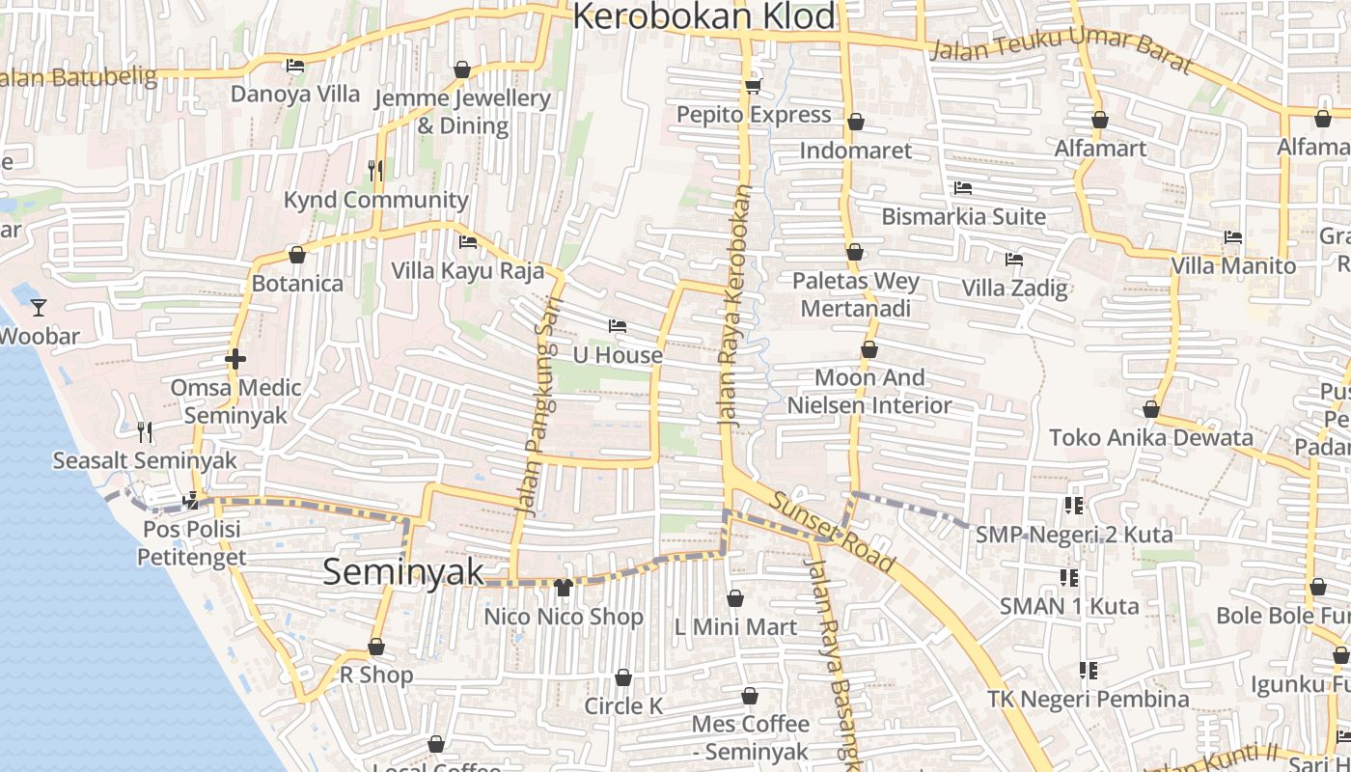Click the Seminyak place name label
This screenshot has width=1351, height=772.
point(403,571)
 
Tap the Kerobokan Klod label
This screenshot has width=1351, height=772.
point(705,17)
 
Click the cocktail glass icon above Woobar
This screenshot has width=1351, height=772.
point(39,308)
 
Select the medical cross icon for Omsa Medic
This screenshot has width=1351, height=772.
point(234,359)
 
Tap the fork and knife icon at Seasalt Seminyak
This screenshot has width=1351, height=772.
point(145,431)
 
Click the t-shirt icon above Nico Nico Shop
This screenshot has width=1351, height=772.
point(564,587)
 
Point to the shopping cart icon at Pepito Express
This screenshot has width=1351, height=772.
point(753,87)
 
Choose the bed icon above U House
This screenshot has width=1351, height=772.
point(618,326)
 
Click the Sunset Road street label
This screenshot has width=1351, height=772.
point(834,532)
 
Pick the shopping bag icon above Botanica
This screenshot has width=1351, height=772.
point(297,256)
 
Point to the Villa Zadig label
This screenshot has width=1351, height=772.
point(1014,288)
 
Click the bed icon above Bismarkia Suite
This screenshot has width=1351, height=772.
point(962,188)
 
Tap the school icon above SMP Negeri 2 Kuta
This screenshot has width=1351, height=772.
point(1074,506)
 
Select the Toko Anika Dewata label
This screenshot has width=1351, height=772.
point(1150,437)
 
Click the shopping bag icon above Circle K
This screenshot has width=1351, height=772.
point(623,678)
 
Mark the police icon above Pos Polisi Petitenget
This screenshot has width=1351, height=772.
point(191,500)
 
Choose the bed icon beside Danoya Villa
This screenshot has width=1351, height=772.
point(295,66)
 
